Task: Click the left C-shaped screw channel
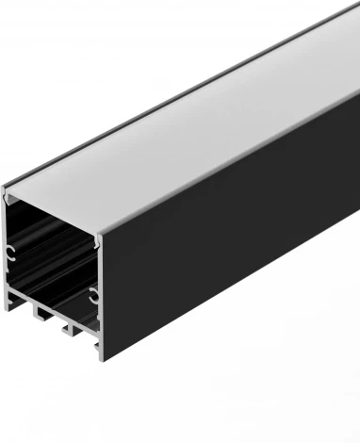[10, 252]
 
